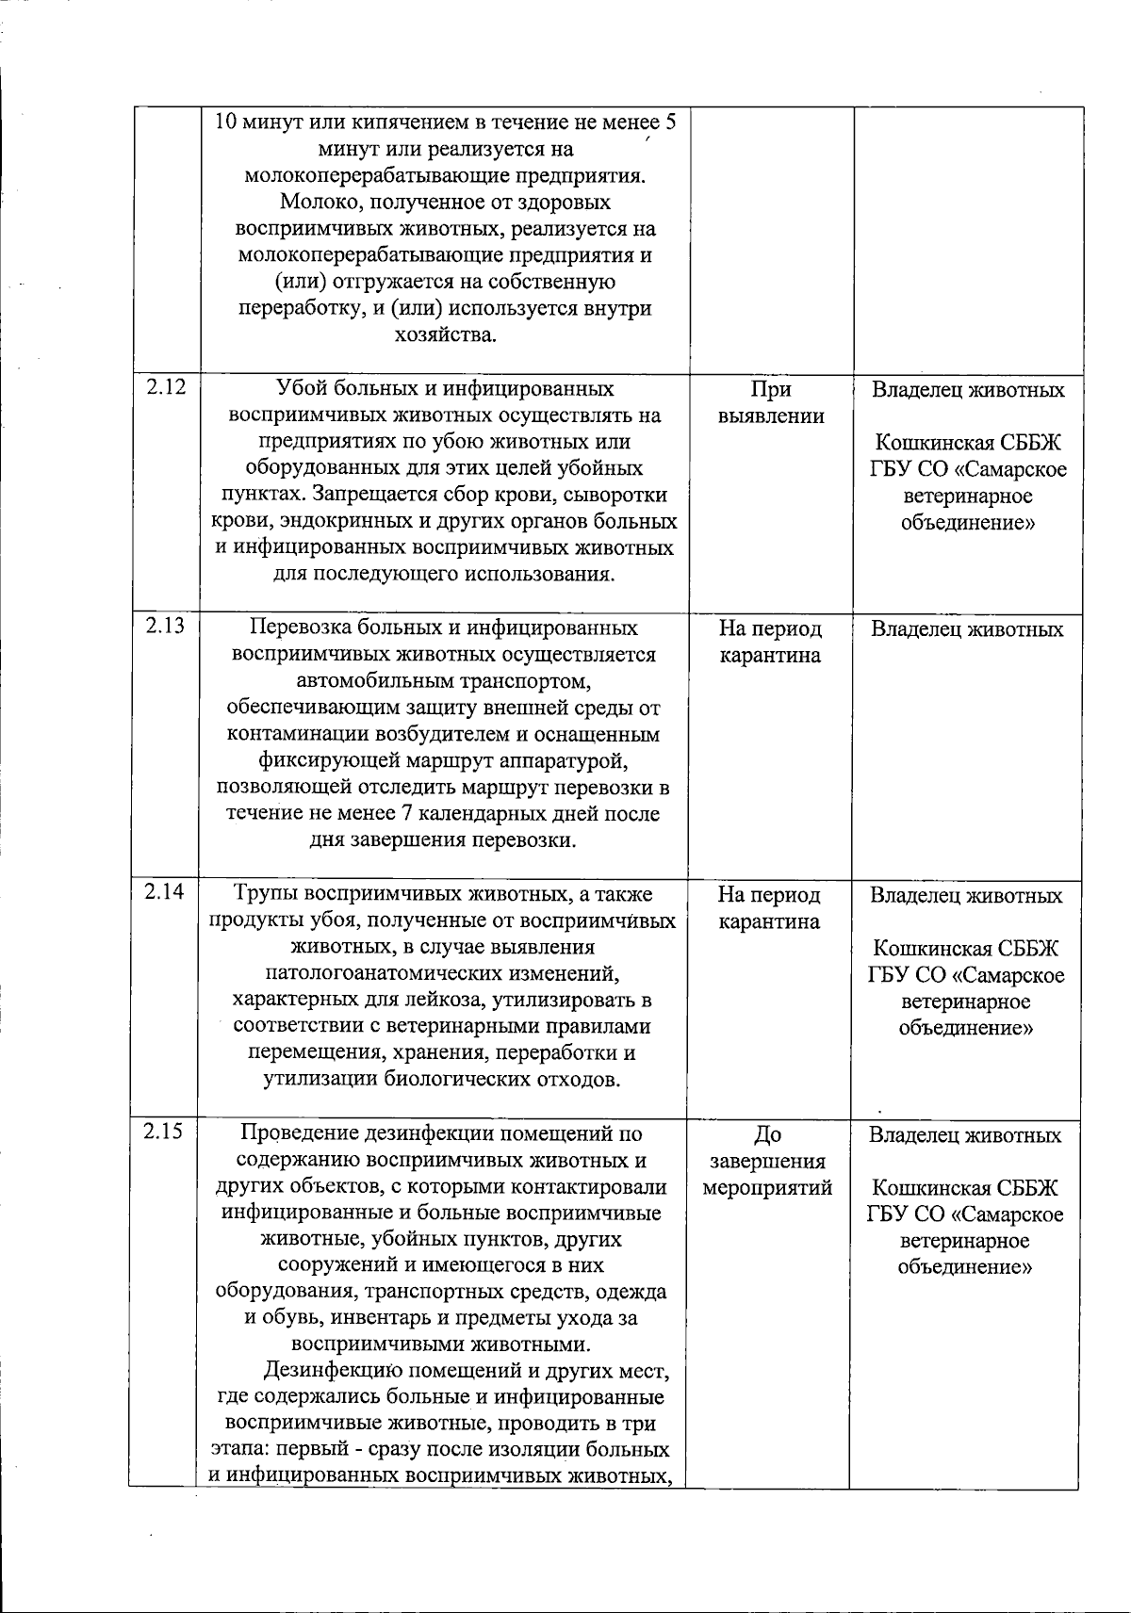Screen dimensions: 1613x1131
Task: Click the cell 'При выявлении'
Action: [x=771, y=403]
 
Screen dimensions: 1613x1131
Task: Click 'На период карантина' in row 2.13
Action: [x=770, y=642]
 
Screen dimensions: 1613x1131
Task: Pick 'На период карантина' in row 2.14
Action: [x=769, y=907]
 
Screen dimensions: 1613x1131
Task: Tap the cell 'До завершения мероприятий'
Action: [x=768, y=1161]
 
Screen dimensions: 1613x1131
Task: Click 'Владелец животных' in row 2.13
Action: [x=967, y=629]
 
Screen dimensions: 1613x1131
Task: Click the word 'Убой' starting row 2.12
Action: [x=298, y=389]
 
